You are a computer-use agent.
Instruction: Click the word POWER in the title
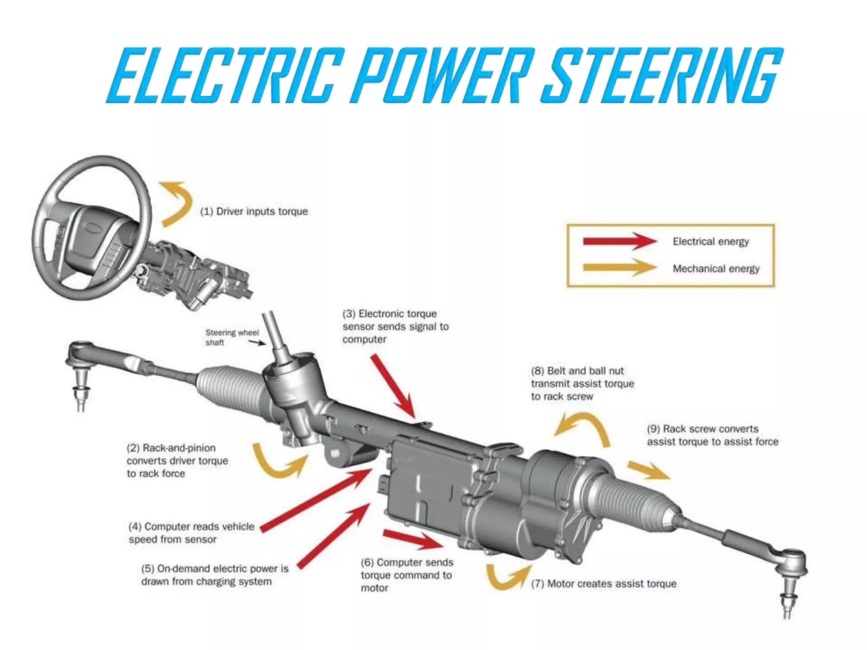tap(440, 75)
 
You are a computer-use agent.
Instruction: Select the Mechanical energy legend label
tap(716, 269)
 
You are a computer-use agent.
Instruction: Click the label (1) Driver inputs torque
tap(254, 211)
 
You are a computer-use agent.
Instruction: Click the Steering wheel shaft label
tap(232, 337)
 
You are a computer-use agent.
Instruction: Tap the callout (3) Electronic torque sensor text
tap(395, 326)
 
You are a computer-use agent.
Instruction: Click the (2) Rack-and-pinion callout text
tap(177, 460)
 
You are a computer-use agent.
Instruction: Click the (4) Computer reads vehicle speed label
tap(191, 533)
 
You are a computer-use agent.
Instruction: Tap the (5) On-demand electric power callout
tap(214, 575)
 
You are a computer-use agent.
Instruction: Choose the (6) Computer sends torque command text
tap(406, 575)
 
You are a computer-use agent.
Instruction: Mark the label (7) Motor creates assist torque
tap(603, 584)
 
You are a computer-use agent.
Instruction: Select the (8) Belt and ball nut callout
tap(582, 383)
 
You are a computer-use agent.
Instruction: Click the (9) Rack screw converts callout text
tap(712, 435)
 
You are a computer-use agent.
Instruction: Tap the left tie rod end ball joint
tap(80, 354)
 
